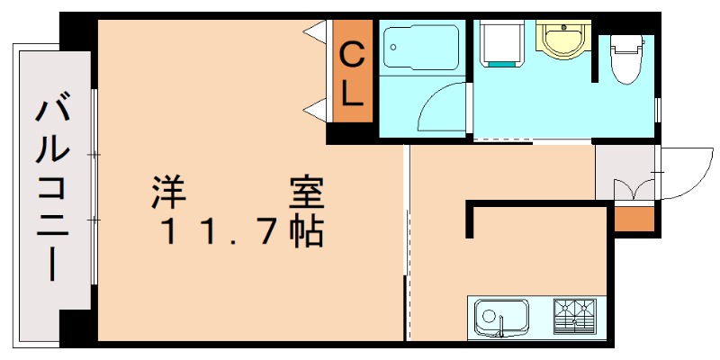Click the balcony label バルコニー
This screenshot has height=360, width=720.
pos(53,189)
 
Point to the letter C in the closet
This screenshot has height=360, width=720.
pos(351,57)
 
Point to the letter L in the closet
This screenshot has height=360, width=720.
pos(352,94)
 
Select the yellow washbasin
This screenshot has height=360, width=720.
pos(562,39)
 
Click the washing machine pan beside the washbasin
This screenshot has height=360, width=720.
pos(501,43)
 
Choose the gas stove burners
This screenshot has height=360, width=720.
pos(574,315)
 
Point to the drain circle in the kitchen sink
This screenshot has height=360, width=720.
pos(489,316)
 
